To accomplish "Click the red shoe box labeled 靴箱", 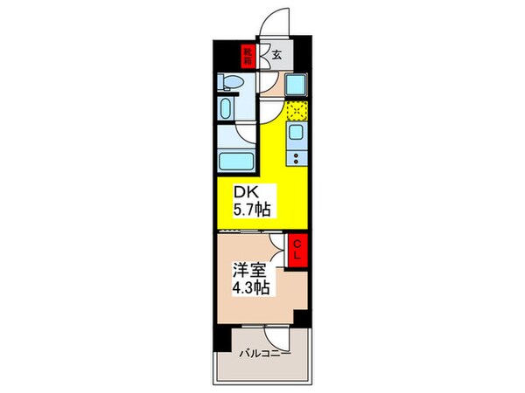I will coord(248,57).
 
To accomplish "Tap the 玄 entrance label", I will coord(276,55).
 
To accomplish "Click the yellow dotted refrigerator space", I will coord(297,111).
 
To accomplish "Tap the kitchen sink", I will coord(297,134).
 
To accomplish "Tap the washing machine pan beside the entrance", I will coord(295,86).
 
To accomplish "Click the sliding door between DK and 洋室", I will coord(253,230).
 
